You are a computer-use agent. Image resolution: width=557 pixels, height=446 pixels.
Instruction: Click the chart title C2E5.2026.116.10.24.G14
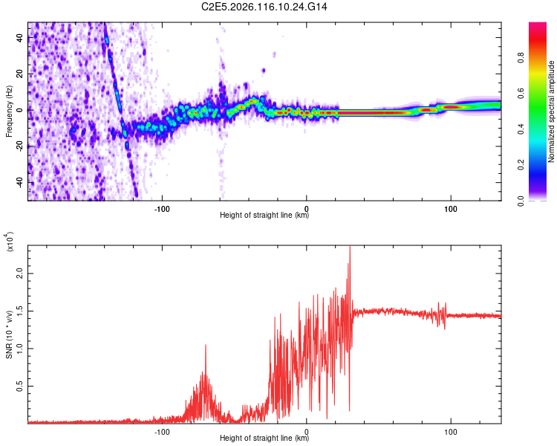pos(278,7)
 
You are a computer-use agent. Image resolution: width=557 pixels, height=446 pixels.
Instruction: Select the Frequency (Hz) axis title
pos(9,111)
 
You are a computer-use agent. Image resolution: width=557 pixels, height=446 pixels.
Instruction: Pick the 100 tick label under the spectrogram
pos(450,208)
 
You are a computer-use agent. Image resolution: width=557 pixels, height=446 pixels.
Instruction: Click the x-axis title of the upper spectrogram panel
pos(264,216)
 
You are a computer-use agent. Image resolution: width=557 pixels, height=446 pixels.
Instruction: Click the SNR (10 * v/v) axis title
pos(9,334)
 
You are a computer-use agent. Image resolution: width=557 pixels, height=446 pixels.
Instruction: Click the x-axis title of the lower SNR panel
pos(264,439)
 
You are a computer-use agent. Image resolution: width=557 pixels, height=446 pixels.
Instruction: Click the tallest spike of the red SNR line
pos(349,248)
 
